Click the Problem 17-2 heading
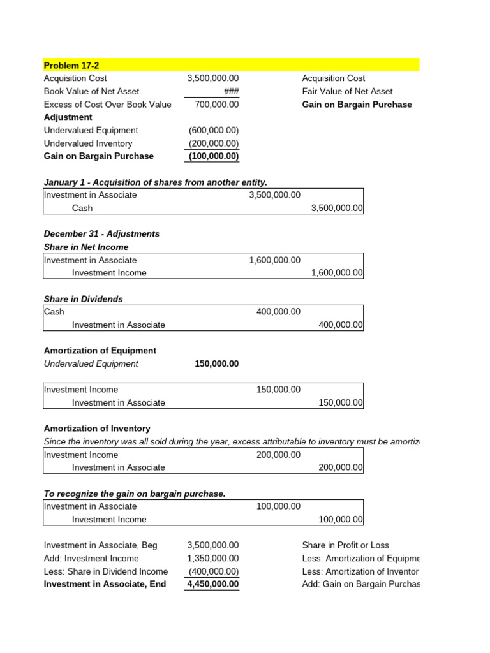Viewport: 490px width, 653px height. [x=71, y=66]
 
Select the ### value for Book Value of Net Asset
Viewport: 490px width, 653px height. [x=231, y=91]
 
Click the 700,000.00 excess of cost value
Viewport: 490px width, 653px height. [x=217, y=105]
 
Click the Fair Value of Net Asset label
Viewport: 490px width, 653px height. [x=347, y=91]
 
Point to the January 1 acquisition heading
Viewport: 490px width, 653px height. [x=155, y=182]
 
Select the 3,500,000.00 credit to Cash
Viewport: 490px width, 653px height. [x=337, y=208]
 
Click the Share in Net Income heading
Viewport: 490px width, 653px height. [x=86, y=247]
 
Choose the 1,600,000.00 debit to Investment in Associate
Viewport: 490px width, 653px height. [x=274, y=260]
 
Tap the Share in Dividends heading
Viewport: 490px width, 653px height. [x=84, y=299]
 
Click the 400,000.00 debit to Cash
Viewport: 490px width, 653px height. [x=278, y=312]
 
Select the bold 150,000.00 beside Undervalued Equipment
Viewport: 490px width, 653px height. [x=217, y=363]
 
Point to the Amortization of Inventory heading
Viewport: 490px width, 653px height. [x=97, y=429]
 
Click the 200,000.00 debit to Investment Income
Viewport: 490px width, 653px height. [x=278, y=455]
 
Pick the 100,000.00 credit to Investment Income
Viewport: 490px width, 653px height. [x=341, y=520]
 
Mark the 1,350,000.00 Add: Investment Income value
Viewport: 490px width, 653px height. [x=213, y=559]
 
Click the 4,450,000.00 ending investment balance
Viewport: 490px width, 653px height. [x=213, y=584]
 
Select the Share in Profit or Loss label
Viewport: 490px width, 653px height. [x=345, y=545]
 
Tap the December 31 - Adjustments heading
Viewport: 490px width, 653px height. [x=101, y=234]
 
